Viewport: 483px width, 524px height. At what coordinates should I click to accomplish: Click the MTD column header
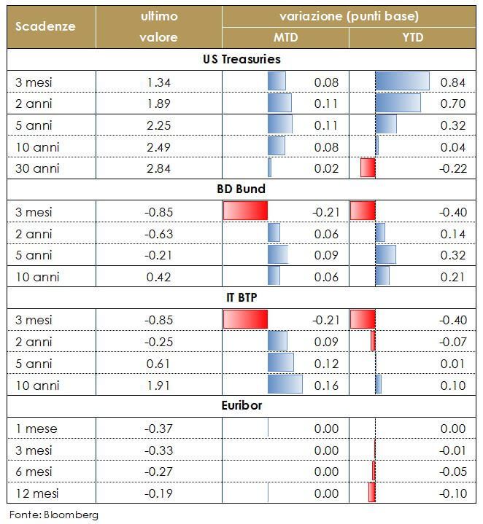285,37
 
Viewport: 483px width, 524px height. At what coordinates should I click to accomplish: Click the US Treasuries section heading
241,59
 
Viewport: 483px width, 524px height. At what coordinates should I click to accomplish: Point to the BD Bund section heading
241,189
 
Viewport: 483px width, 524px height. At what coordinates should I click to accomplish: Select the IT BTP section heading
241,297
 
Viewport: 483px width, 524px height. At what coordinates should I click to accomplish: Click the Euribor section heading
241,404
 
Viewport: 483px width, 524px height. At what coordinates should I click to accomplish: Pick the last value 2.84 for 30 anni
158,168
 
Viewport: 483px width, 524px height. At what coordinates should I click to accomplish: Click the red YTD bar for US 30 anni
368,168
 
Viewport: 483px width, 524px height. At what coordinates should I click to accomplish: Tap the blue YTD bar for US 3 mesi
402,82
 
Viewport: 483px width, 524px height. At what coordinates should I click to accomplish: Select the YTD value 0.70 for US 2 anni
453,103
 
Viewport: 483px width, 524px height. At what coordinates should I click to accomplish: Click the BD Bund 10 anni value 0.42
158,276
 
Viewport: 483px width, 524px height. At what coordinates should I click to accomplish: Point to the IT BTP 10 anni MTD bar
285,384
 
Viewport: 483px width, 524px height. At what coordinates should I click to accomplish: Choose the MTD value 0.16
326,384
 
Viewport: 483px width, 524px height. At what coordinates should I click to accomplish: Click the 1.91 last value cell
158,384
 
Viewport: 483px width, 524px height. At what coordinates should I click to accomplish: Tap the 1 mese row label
36,429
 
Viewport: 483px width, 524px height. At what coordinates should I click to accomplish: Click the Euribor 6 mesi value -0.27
158,472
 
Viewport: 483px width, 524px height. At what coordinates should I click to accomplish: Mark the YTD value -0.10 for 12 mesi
453,493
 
